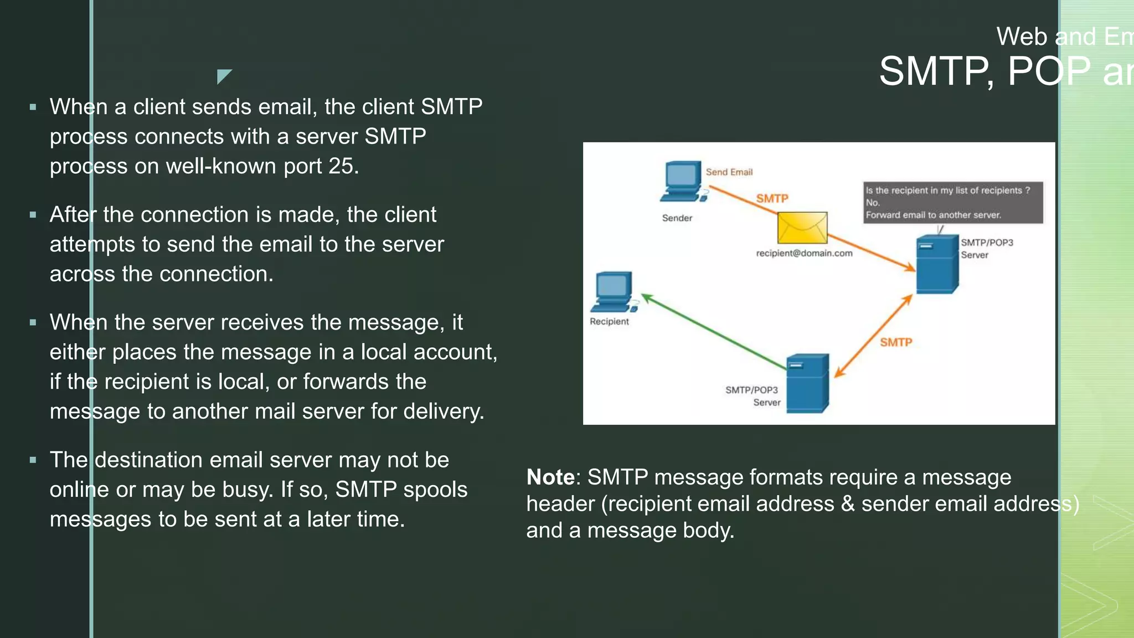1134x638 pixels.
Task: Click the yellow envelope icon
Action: pyautogui.click(x=802, y=228)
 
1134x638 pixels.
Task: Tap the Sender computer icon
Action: pyautogui.click(x=683, y=181)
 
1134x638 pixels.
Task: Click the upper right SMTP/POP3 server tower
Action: pyautogui.click(x=936, y=264)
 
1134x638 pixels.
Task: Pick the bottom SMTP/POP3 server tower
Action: pyautogui.click(x=807, y=383)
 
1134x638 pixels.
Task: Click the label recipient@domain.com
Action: pyautogui.click(x=804, y=253)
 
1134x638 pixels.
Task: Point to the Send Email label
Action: pyautogui.click(x=729, y=172)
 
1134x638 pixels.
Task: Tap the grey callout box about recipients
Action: pyautogui.click(x=952, y=203)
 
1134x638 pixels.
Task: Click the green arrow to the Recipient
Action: pyautogui.click(x=714, y=332)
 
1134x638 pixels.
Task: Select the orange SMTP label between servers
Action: pyautogui.click(x=895, y=342)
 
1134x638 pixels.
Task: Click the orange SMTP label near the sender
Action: pyautogui.click(x=772, y=198)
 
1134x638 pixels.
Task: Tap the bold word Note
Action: pyautogui.click(x=550, y=477)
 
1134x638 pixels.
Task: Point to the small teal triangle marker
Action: pyautogui.click(x=223, y=75)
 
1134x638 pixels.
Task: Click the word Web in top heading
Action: pyautogui.click(x=1022, y=37)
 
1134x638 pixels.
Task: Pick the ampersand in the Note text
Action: pyautogui.click(x=847, y=504)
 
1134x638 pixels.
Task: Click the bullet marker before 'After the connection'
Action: pyautogui.click(x=33, y=215)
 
